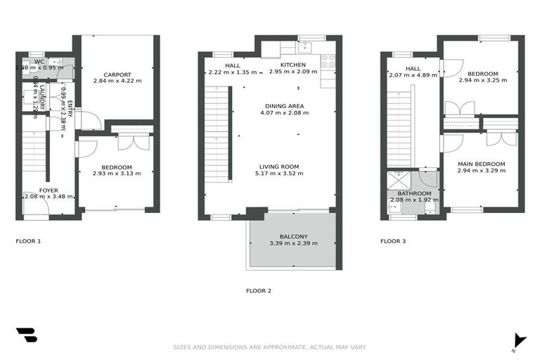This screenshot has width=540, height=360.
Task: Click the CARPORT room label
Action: coord(117,75)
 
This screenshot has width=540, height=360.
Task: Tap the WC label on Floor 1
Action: coord(39,62)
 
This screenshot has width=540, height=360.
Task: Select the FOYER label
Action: coord(49,191)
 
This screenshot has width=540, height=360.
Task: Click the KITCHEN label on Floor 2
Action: coord(292,65)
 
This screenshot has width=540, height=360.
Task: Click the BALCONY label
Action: coord(293,236)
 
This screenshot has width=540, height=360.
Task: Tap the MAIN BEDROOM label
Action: coord(481,164)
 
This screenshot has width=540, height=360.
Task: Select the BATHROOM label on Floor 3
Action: coord(414,193)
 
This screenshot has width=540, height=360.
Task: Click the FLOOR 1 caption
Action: coord(28,241)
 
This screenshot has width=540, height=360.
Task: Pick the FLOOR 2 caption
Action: coord(258,290)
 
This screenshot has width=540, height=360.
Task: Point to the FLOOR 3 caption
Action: coord(393,241)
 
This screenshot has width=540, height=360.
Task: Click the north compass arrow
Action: coord(519,340)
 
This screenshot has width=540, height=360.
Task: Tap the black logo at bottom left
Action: coord(26,334)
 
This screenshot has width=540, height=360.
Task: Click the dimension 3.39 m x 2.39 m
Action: coord(293,243)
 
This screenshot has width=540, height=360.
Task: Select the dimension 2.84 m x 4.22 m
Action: coord(117,82)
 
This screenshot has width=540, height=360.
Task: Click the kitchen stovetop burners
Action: coord(328,60)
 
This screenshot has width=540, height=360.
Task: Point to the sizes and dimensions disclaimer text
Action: coord(270,347)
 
